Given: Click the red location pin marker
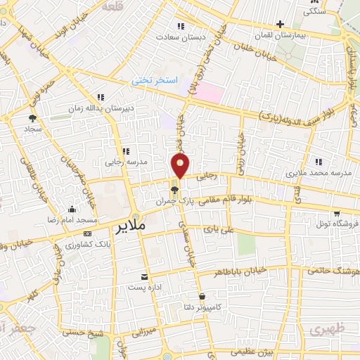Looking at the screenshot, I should click(180, 166).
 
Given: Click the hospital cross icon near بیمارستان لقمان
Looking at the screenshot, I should click(280, 25).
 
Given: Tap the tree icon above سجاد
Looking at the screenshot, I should click(32, 119).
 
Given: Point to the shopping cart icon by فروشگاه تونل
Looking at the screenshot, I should click(337, 213).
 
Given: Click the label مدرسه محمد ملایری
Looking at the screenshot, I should click(319, 172).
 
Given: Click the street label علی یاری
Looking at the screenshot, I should click(217, 229).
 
